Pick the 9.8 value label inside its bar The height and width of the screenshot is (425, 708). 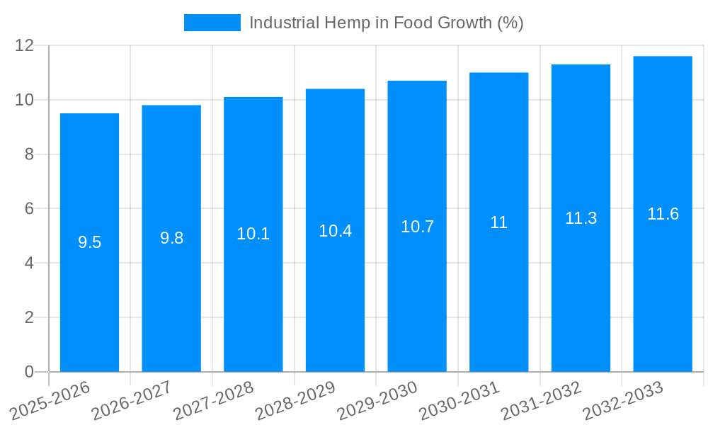point(171,238)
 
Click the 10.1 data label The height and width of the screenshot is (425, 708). point(253,234)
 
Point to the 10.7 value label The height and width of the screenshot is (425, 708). point(417,227)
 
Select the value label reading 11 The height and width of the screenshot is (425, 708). point(498,222)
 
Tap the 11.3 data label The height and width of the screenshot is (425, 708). point(581,218)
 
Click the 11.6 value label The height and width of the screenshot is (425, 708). point(663,214)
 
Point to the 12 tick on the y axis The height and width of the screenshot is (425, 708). point(24,45)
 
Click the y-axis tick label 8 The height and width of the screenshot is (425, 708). point(29,154)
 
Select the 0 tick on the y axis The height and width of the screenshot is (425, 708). point(29,372)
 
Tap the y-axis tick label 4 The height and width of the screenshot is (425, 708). point(29,263)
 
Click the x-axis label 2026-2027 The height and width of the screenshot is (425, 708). point(131,400)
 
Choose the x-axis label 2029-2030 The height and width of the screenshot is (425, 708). point(377,400)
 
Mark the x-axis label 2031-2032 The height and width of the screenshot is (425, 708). point(541,400)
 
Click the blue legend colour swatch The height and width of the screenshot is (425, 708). point(212,23)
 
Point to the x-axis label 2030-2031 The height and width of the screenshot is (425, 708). point(459,400)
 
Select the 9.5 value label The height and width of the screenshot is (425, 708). point(89,242)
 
